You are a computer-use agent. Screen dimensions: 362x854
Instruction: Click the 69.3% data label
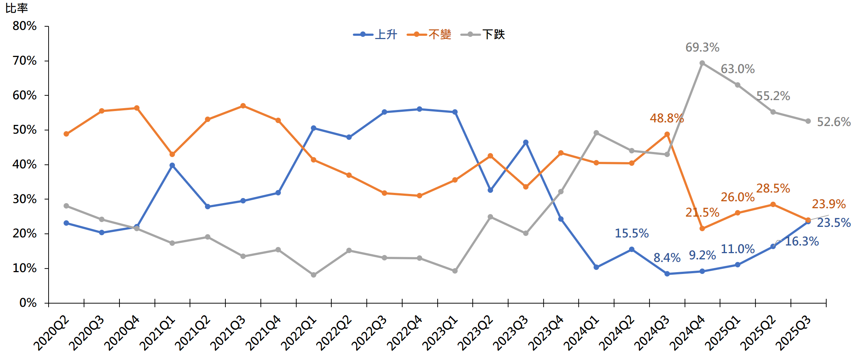coord(702,47)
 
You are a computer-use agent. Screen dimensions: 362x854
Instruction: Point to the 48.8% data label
coord(667,118)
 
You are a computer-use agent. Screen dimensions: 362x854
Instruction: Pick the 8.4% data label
coord(667,258)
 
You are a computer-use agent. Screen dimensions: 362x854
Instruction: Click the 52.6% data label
coord(834,122)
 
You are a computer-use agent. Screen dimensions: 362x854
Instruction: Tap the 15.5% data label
coord(632,233)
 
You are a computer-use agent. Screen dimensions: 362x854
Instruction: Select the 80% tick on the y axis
coord(24,26)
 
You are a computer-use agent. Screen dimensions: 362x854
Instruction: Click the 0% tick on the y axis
coord(28,303)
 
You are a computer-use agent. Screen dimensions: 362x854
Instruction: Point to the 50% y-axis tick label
coord(24,130)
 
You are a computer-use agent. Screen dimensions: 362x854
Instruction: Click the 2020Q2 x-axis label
coord(51,333)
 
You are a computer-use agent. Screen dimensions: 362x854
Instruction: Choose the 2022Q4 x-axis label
coord(404,333)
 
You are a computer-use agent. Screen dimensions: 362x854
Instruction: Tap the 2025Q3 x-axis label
coord(793,333)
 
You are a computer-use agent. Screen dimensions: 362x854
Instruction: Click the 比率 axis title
coord(16,8)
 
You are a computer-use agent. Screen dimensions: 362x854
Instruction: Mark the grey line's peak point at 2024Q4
coord(702,63)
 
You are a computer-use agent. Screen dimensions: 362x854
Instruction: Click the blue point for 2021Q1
coord(172,165)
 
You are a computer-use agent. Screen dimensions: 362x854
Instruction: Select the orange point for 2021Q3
coord(243,106)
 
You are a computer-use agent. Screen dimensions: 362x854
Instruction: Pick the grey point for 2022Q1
coord(313,275)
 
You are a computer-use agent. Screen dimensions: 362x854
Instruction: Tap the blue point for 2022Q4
coord(419,109)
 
